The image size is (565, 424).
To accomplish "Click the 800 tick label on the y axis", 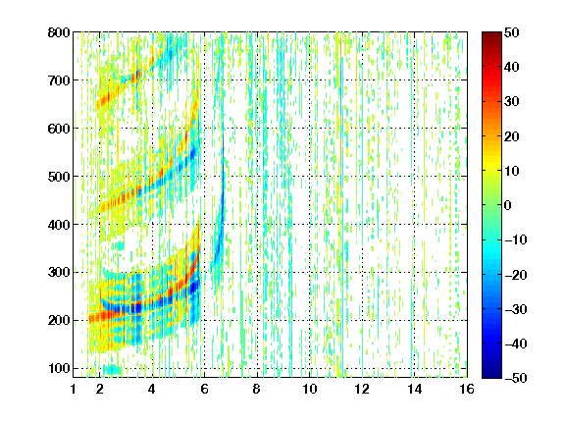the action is click(x=59, y=32).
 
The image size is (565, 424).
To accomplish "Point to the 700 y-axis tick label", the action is click(x=59, y=80).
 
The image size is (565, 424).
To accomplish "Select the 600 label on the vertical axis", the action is click(x=59, y=129).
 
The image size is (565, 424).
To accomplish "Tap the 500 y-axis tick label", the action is click(x=59, y=177).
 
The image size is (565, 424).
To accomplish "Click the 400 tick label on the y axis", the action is click(x=59, y=225).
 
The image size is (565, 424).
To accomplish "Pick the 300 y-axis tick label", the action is click(x=59, y=272).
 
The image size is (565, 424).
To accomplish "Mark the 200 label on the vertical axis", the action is click(x=59, y=320).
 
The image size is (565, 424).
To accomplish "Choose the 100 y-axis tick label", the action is click(x=59, y=368).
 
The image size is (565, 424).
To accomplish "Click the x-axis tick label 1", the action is click(x=74, y=389).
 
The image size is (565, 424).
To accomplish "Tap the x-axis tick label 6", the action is click(x=205, y=389).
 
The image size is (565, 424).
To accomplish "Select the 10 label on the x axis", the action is click(x=310, y=389).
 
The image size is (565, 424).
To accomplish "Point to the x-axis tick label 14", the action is click(x=415, y=389).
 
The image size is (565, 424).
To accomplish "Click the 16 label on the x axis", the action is click(x=467, y=389).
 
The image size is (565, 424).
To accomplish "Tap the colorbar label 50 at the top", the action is click(x=512, y=32).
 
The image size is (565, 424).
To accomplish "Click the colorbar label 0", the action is click(x=508, y=205).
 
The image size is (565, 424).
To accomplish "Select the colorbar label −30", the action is click(x=516, y=309).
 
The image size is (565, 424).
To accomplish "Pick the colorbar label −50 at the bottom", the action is click(x=516, y=378).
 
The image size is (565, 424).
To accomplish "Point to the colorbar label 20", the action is click(x=512, y=136).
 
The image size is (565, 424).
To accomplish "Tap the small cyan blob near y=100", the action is click(x=113, y=370).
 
